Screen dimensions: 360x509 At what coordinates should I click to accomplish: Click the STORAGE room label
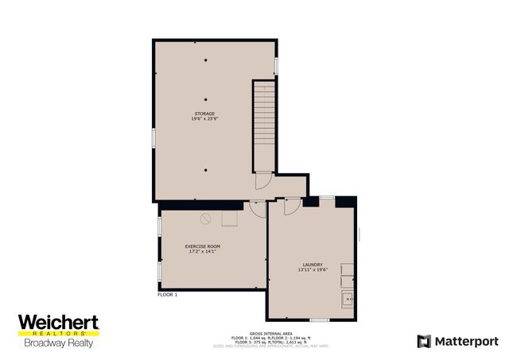[204, 114]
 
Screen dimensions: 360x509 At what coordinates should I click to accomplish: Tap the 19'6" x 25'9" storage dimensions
[204, 119]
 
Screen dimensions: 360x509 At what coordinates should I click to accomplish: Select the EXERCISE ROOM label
[203, 246]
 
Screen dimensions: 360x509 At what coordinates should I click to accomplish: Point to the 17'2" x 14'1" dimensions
[203, 252]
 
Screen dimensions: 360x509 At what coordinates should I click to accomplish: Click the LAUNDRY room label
[312, 265]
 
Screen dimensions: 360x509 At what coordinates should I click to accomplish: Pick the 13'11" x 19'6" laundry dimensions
[312, 270]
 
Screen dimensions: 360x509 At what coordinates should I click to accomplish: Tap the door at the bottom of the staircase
[262, 181]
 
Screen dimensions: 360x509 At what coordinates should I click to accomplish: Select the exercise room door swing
[258, 208]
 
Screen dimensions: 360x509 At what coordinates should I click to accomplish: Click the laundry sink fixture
[348, 300]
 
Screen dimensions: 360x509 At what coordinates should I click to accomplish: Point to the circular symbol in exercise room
[205, 217]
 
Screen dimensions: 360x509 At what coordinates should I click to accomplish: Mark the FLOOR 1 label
[167, 295]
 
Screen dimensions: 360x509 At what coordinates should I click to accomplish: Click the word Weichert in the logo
[58, 322]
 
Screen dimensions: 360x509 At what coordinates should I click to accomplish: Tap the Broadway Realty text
[58, 343]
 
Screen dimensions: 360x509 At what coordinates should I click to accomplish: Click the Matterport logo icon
[424, 341]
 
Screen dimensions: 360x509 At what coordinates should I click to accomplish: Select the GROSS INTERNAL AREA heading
[254, 332]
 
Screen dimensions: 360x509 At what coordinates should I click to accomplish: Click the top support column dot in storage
[205, 60]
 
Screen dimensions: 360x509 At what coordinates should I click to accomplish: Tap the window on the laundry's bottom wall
[320, 319]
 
